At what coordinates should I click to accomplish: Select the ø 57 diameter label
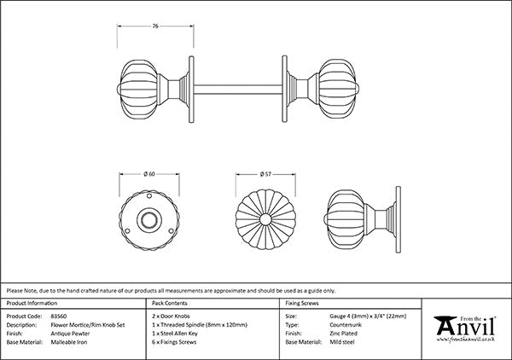(268, 174)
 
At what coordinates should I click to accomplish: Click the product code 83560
(61, 315)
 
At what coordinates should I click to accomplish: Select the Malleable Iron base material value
(71, 341)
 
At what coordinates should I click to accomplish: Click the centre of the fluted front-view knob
(268, 222)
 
